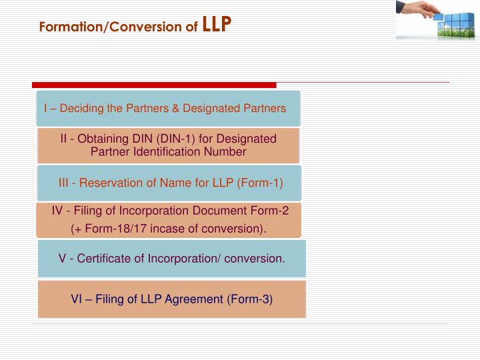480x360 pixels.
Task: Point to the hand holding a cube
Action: [x=415, y=8]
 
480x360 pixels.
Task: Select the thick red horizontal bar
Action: [x=154, y=85]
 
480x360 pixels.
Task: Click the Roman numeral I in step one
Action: [x=45, y=108]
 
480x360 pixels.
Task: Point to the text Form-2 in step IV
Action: [x=273, y=211]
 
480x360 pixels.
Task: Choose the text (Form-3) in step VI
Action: [x=250, y=299]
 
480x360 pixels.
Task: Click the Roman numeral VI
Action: [x=77, y=299]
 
